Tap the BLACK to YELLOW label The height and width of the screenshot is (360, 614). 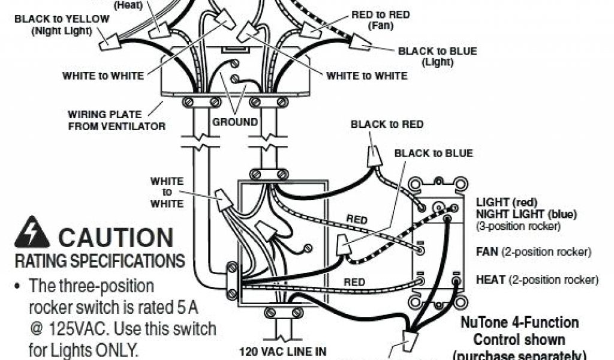click(62, 19)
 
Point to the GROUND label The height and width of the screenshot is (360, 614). click(234, 122)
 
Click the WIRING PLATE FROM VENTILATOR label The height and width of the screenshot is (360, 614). click(104, 120)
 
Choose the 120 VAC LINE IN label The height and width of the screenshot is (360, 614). click(276, 351)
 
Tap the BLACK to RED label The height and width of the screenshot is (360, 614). click(387, 124)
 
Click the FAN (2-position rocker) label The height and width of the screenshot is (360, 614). click(533, 252)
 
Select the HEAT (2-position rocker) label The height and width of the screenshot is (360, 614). click(537, 280)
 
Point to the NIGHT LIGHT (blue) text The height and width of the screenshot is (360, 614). click(526, 214)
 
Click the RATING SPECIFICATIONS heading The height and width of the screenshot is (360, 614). click(100, 261)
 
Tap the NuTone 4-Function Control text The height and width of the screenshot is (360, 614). click(519, 331)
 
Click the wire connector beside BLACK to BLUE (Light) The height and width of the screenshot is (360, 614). click(359, 42)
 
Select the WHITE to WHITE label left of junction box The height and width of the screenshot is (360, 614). click(167, 192)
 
